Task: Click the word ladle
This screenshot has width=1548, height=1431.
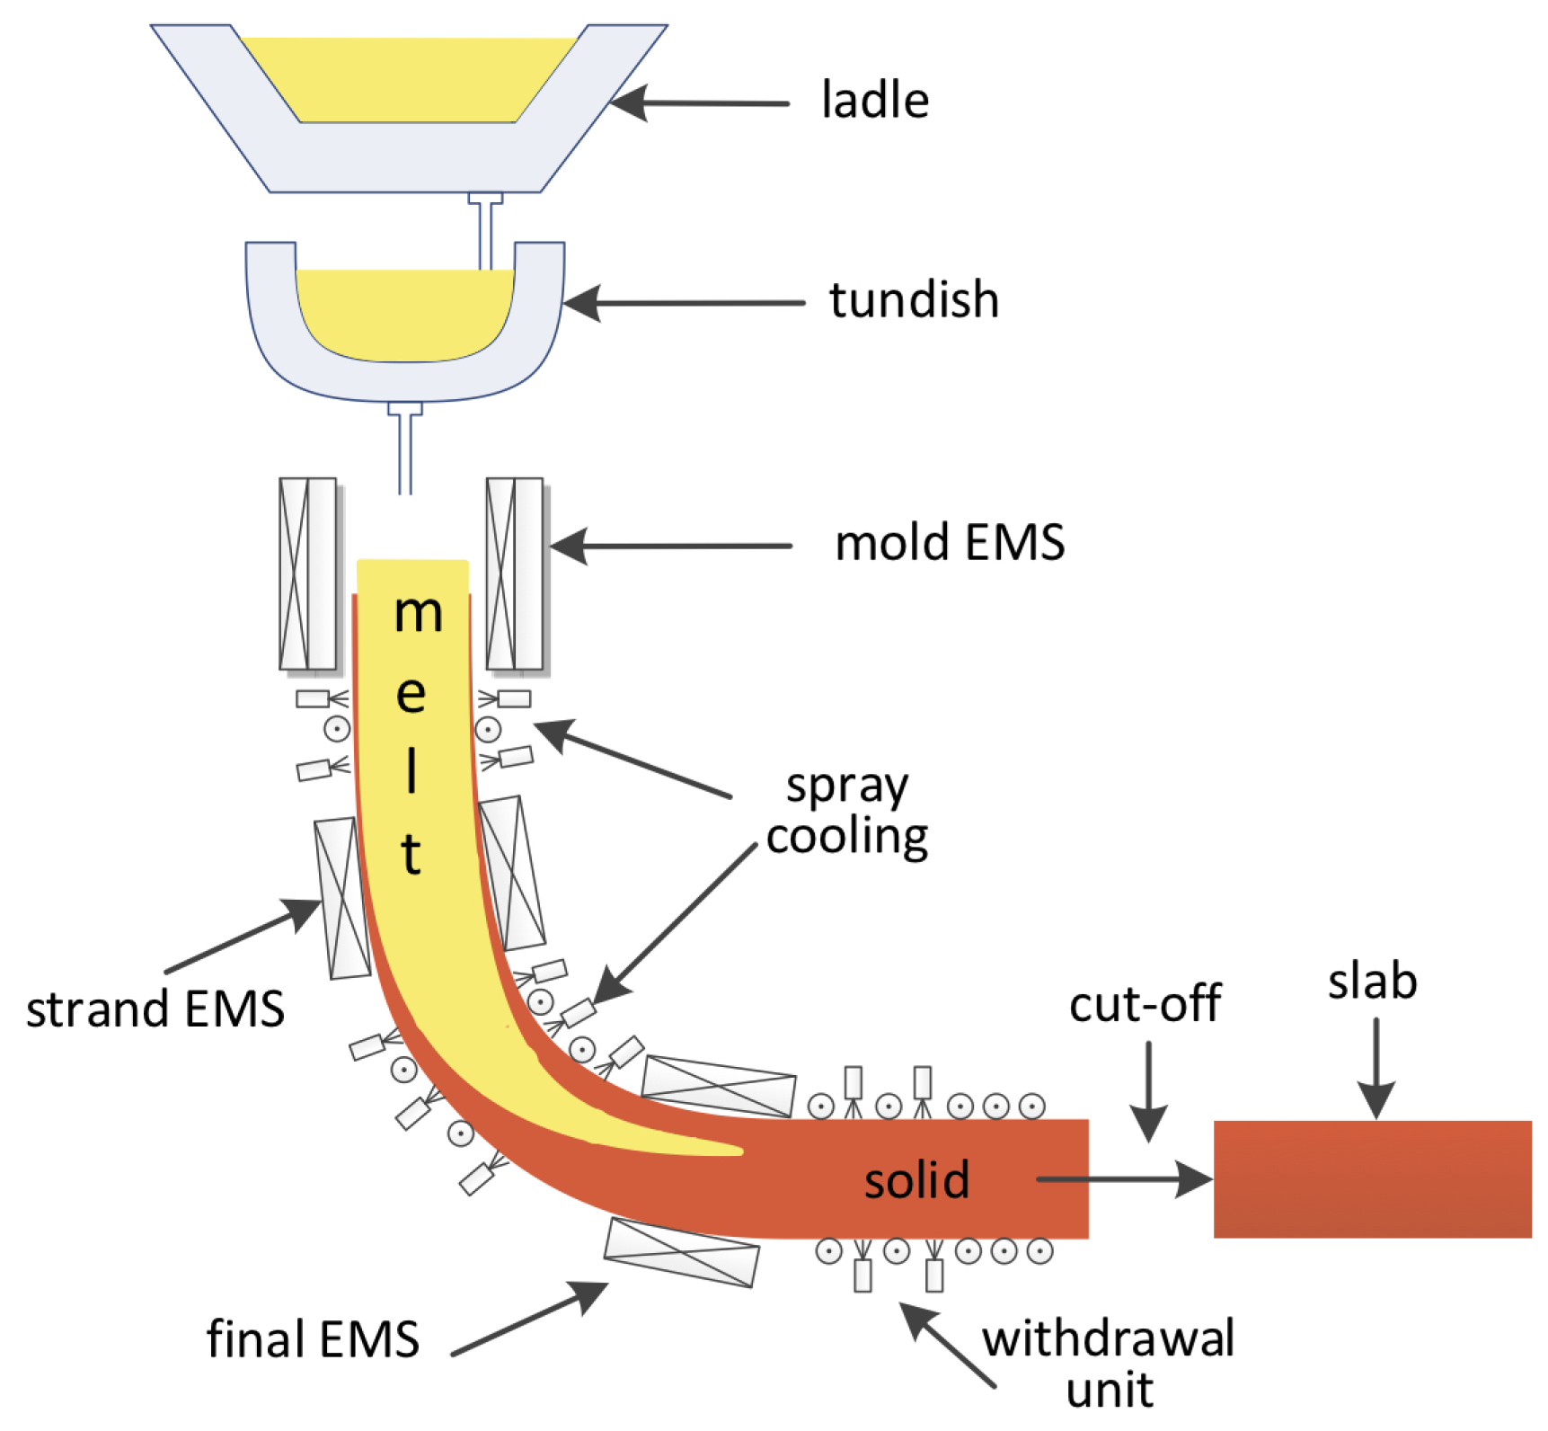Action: pyautogui.click(x=874, y=100)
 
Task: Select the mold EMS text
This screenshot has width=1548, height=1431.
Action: pyautogui.click(x=950, y=543)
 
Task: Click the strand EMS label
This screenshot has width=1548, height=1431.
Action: pyautogui.click(x=155, y=1009)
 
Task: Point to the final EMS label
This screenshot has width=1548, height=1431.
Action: pyautogui.click(x=313, y=1339)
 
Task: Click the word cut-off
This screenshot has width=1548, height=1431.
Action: pyautogui.click(x=1145, y=1003)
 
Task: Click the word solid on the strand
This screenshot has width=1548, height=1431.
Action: pyautogui.click(x=916, y=1179)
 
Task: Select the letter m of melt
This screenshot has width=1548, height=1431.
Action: pyautogui.click(x=419, y=614)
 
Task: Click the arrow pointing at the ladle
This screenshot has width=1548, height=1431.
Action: pyautogui.click(x=701, y=103)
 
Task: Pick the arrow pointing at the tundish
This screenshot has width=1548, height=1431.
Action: pyautogui.click(x=683, y=303)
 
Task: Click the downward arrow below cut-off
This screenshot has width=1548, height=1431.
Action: pyautogui.click(x=1149, y=1092)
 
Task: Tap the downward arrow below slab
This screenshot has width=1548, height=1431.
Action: pyautogui.click(x=1376, y=1070)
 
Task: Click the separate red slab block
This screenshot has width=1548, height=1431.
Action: pyautogui.click(x=1372, y=1179)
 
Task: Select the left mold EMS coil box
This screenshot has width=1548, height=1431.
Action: pyautogui.click(x=307, y=573)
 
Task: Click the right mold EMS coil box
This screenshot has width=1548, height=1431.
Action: pyautogui.click(x=515, y=573)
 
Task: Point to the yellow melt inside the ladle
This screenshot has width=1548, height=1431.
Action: pyautogui.click(x=409, y=81)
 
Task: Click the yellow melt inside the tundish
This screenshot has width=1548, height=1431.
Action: pyautogui.click(x=404, y=315)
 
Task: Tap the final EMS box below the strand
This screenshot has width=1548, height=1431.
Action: pyautogui.click(x=681, y=1252)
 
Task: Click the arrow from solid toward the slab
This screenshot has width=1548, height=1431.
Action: pyautogui.click(x=1123, y=1178)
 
